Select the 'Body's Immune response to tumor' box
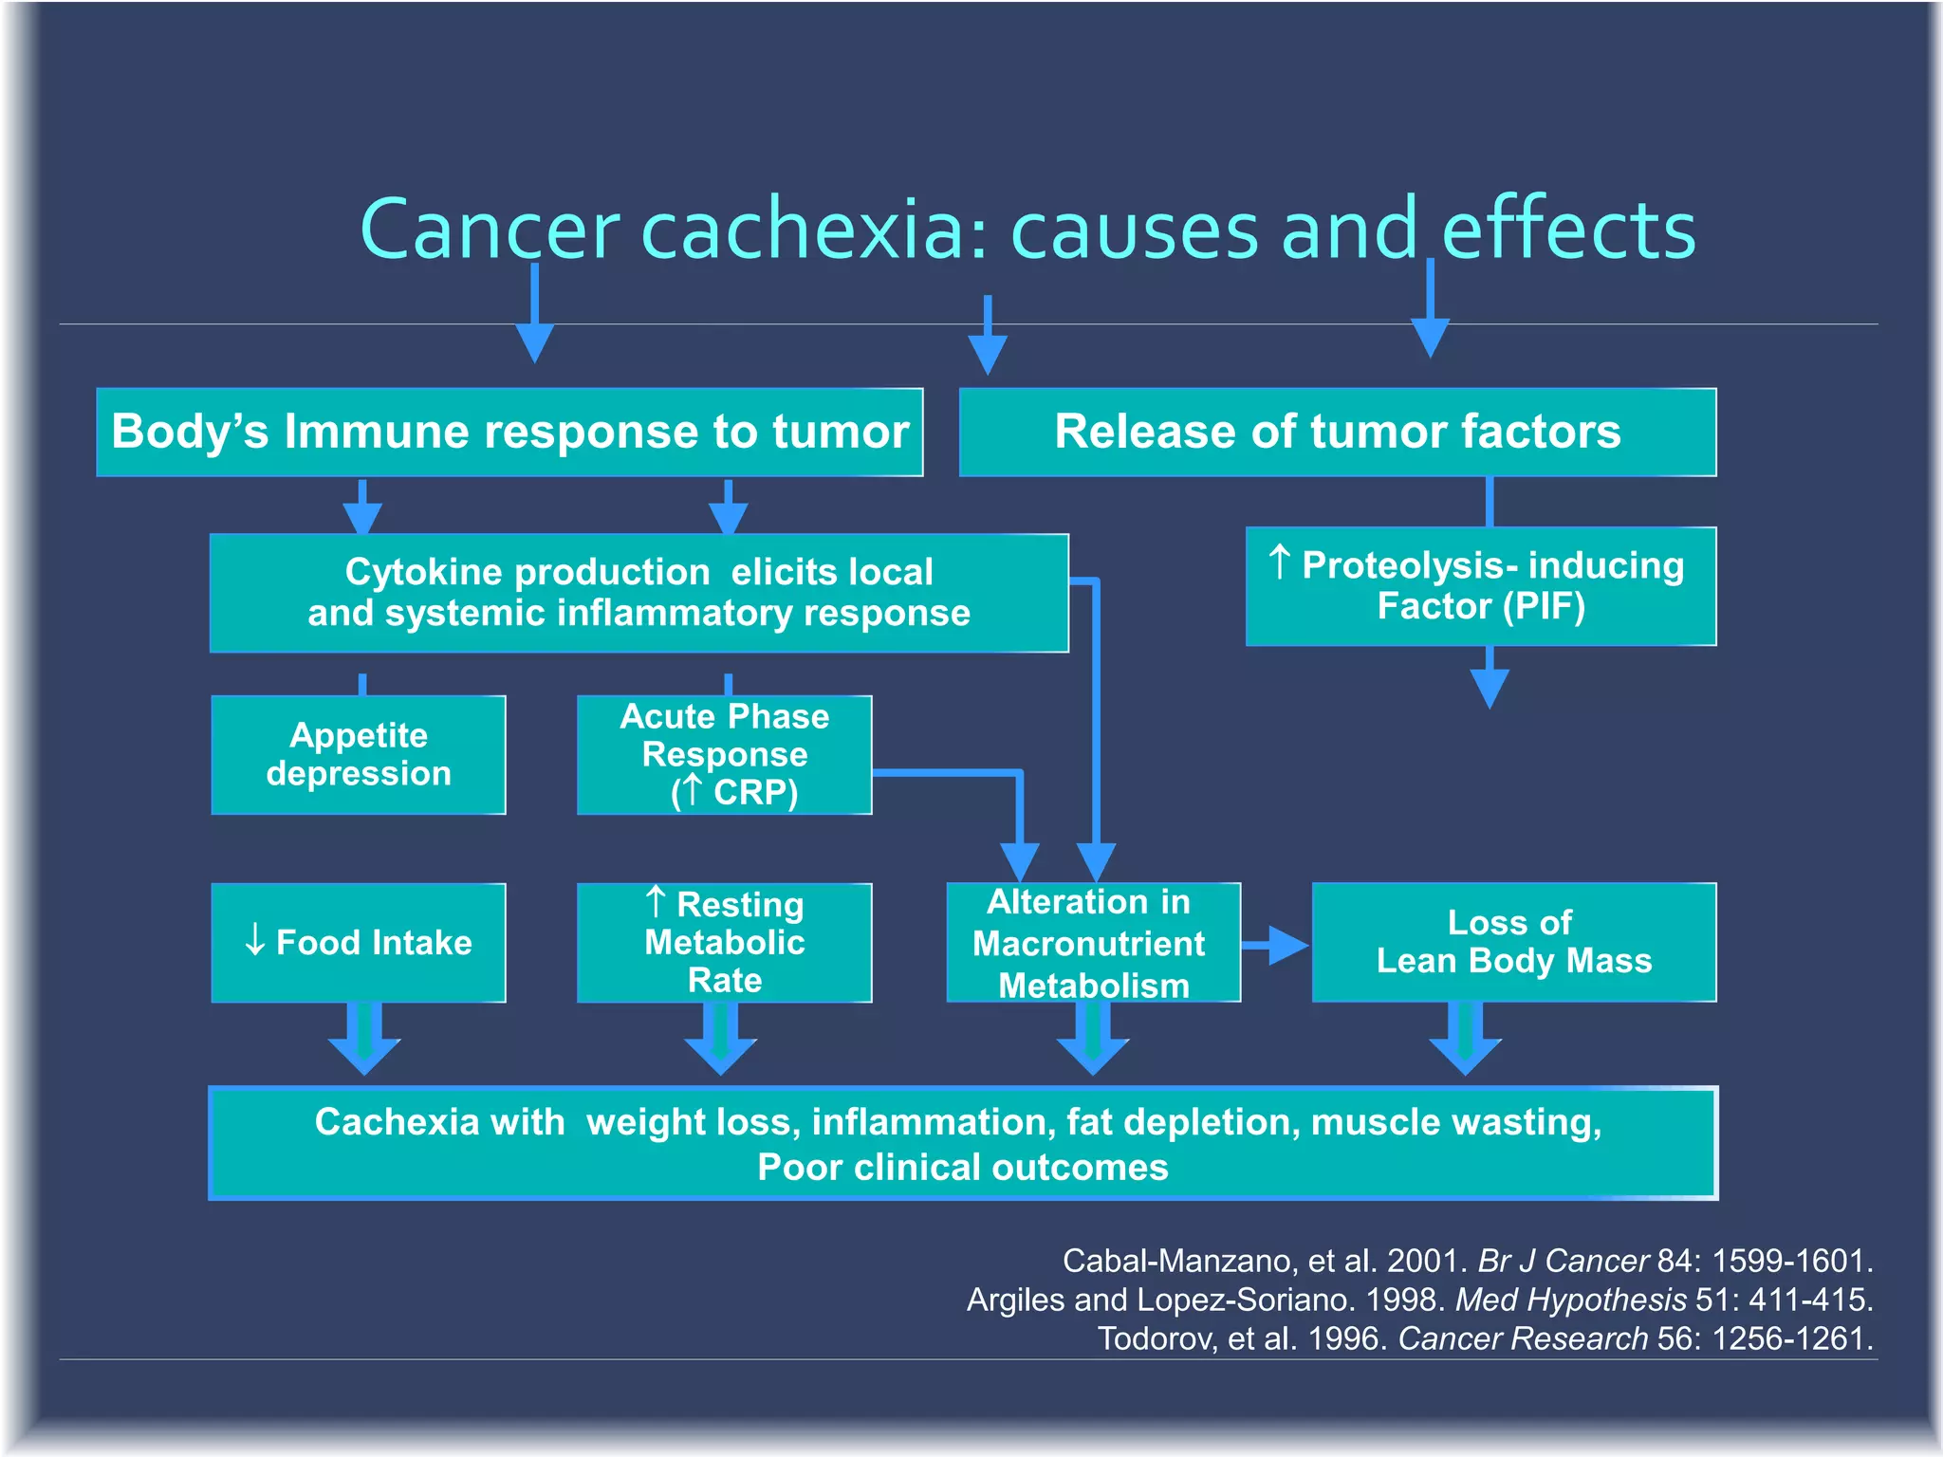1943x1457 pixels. coord(509,433)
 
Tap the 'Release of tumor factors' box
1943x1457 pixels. coord(1338,433)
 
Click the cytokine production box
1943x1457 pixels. coord(638,593)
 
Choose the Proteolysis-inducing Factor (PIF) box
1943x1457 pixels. coord(1481,586)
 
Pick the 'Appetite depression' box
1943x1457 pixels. coord(359,755)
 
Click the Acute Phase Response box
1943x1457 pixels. coord(725,755)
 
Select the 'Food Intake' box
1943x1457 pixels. coord(359,943)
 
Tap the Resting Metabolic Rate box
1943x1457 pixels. coord(725,943)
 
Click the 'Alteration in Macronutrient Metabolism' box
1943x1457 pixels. coord(1093,943)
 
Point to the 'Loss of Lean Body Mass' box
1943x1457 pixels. coord(1514,943)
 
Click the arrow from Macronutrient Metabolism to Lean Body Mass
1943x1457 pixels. coord(1276,945)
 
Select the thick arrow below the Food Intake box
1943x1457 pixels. coord(364,1039)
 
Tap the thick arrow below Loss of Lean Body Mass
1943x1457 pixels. coord(1465,1039)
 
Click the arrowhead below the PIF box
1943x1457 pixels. coord(1490,685)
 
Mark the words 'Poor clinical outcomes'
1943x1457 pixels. coord(962,1168)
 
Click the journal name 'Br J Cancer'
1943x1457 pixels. coord(1563,1261)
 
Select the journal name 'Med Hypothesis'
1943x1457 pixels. coord(1570,1300)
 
